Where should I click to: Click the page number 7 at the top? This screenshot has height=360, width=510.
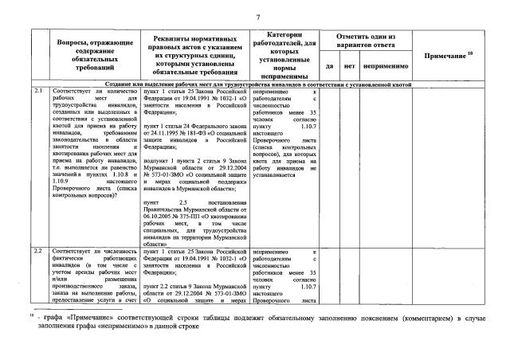point(257,18)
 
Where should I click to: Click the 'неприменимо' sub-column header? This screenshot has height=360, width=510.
point(385,65)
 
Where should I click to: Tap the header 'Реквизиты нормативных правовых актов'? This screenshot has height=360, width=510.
point(194,55)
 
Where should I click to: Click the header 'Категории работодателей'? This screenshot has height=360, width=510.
point(284,55)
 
